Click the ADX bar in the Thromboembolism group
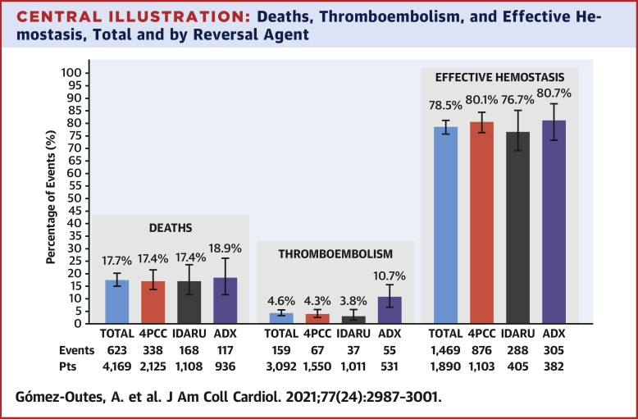(389, 310)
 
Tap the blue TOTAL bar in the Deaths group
(117, 301)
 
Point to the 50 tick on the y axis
(74, 198)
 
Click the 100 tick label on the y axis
(71, 73)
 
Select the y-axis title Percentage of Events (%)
(51, 198)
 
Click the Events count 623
(117, 349)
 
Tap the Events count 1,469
(444, 349)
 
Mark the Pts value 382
(554, 365)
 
